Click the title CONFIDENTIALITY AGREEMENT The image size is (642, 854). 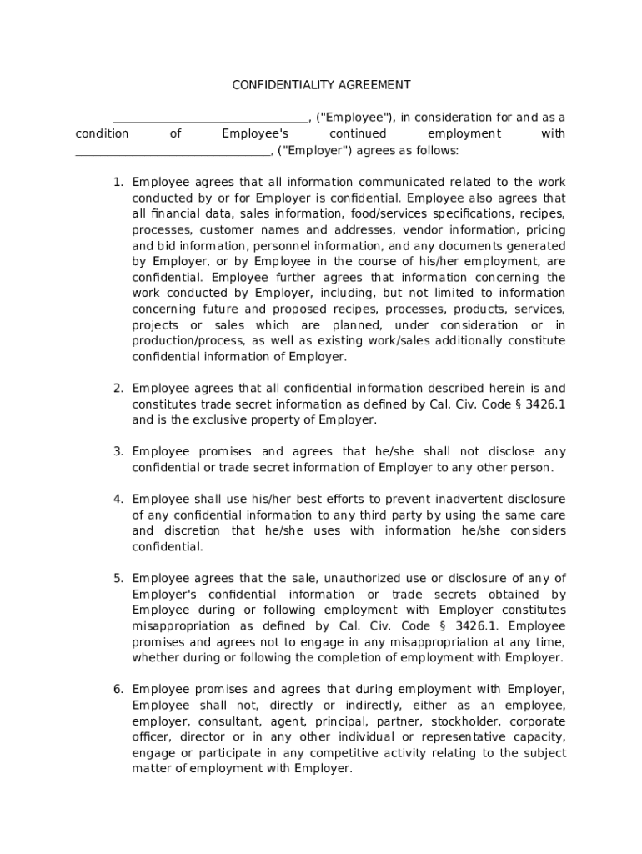coord(321,85)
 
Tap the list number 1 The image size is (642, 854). coord(118,182)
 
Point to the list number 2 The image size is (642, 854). coord(118,388)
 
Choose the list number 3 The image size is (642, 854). coord(118,451)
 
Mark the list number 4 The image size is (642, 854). coord(118,499)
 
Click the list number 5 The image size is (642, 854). coord(118,578)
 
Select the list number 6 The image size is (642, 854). coord(118,689)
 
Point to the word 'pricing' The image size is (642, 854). coord(544,229)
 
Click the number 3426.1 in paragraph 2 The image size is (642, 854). coord(543,404)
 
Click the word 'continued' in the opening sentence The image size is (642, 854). coord(358,133)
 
